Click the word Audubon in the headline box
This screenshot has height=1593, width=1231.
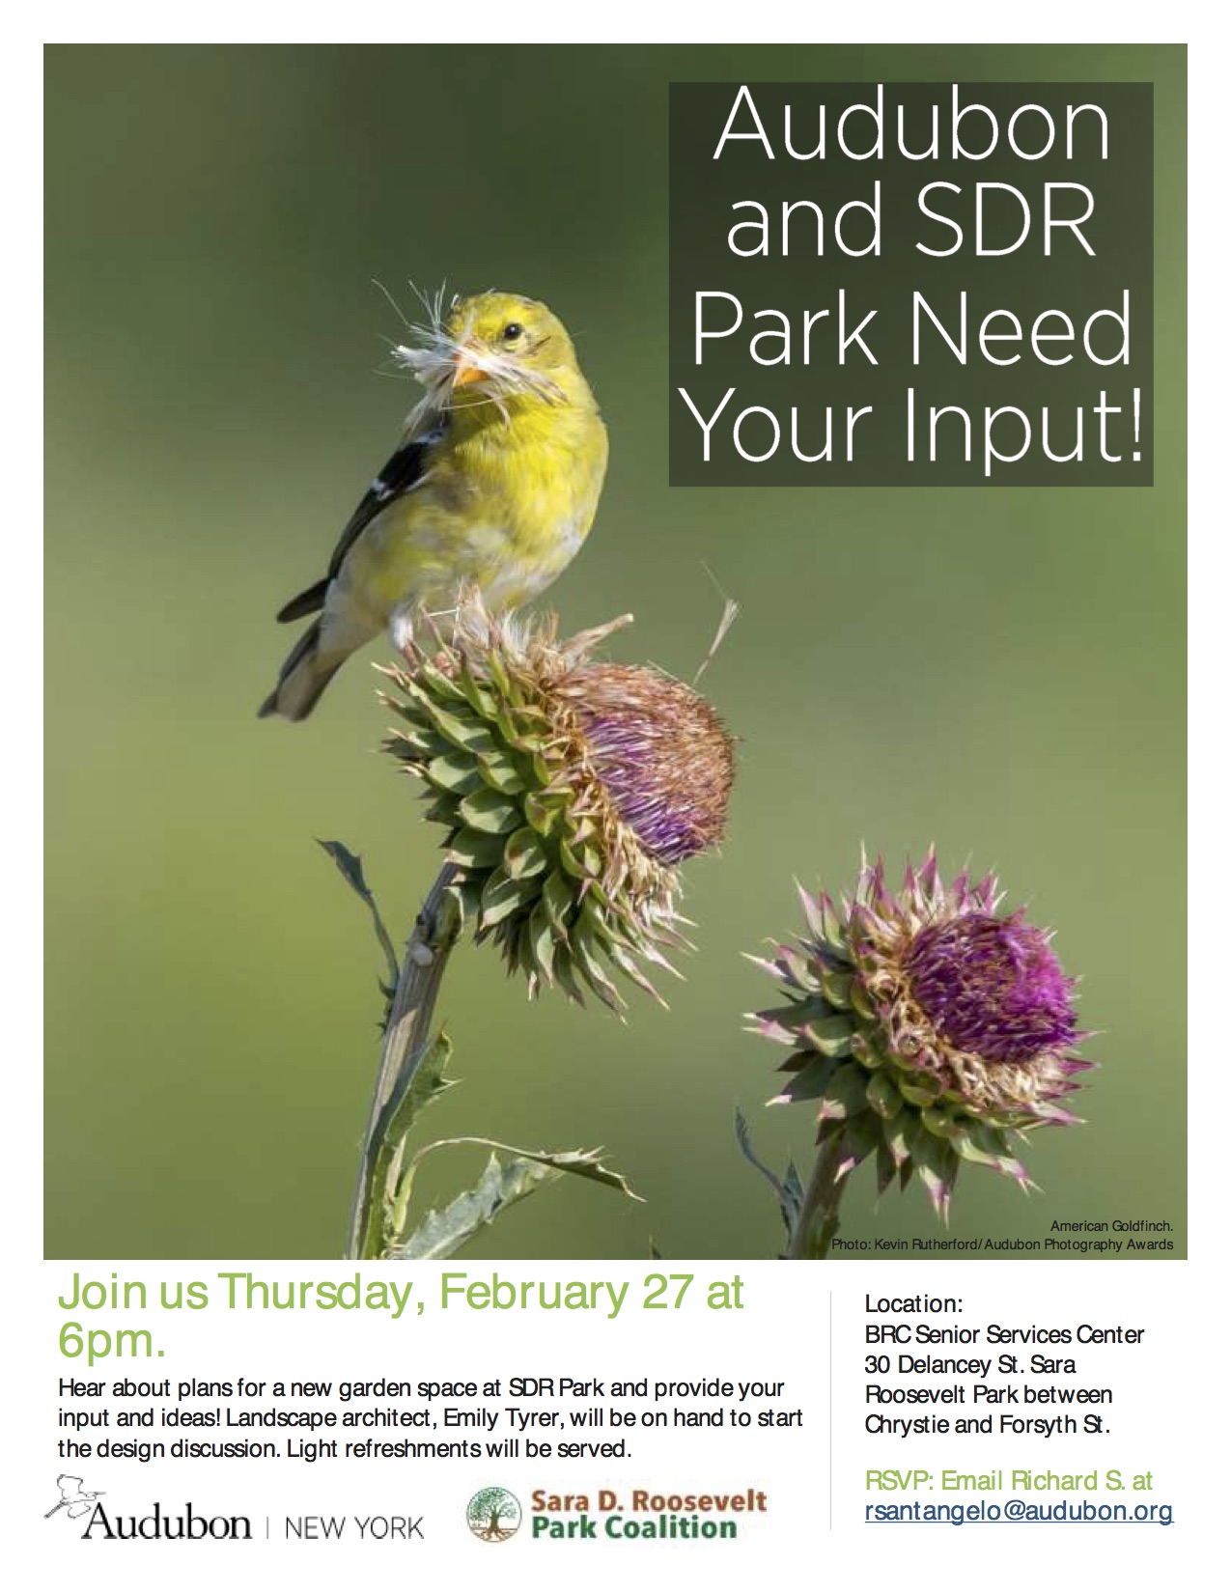(911, 126)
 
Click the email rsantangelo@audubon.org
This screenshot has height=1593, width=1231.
(1019, 1512)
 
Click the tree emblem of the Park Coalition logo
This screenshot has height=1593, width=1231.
(495, 1516)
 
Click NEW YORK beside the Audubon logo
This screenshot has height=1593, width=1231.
(355, 1528)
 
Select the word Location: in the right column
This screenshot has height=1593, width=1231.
(913, 1304)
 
